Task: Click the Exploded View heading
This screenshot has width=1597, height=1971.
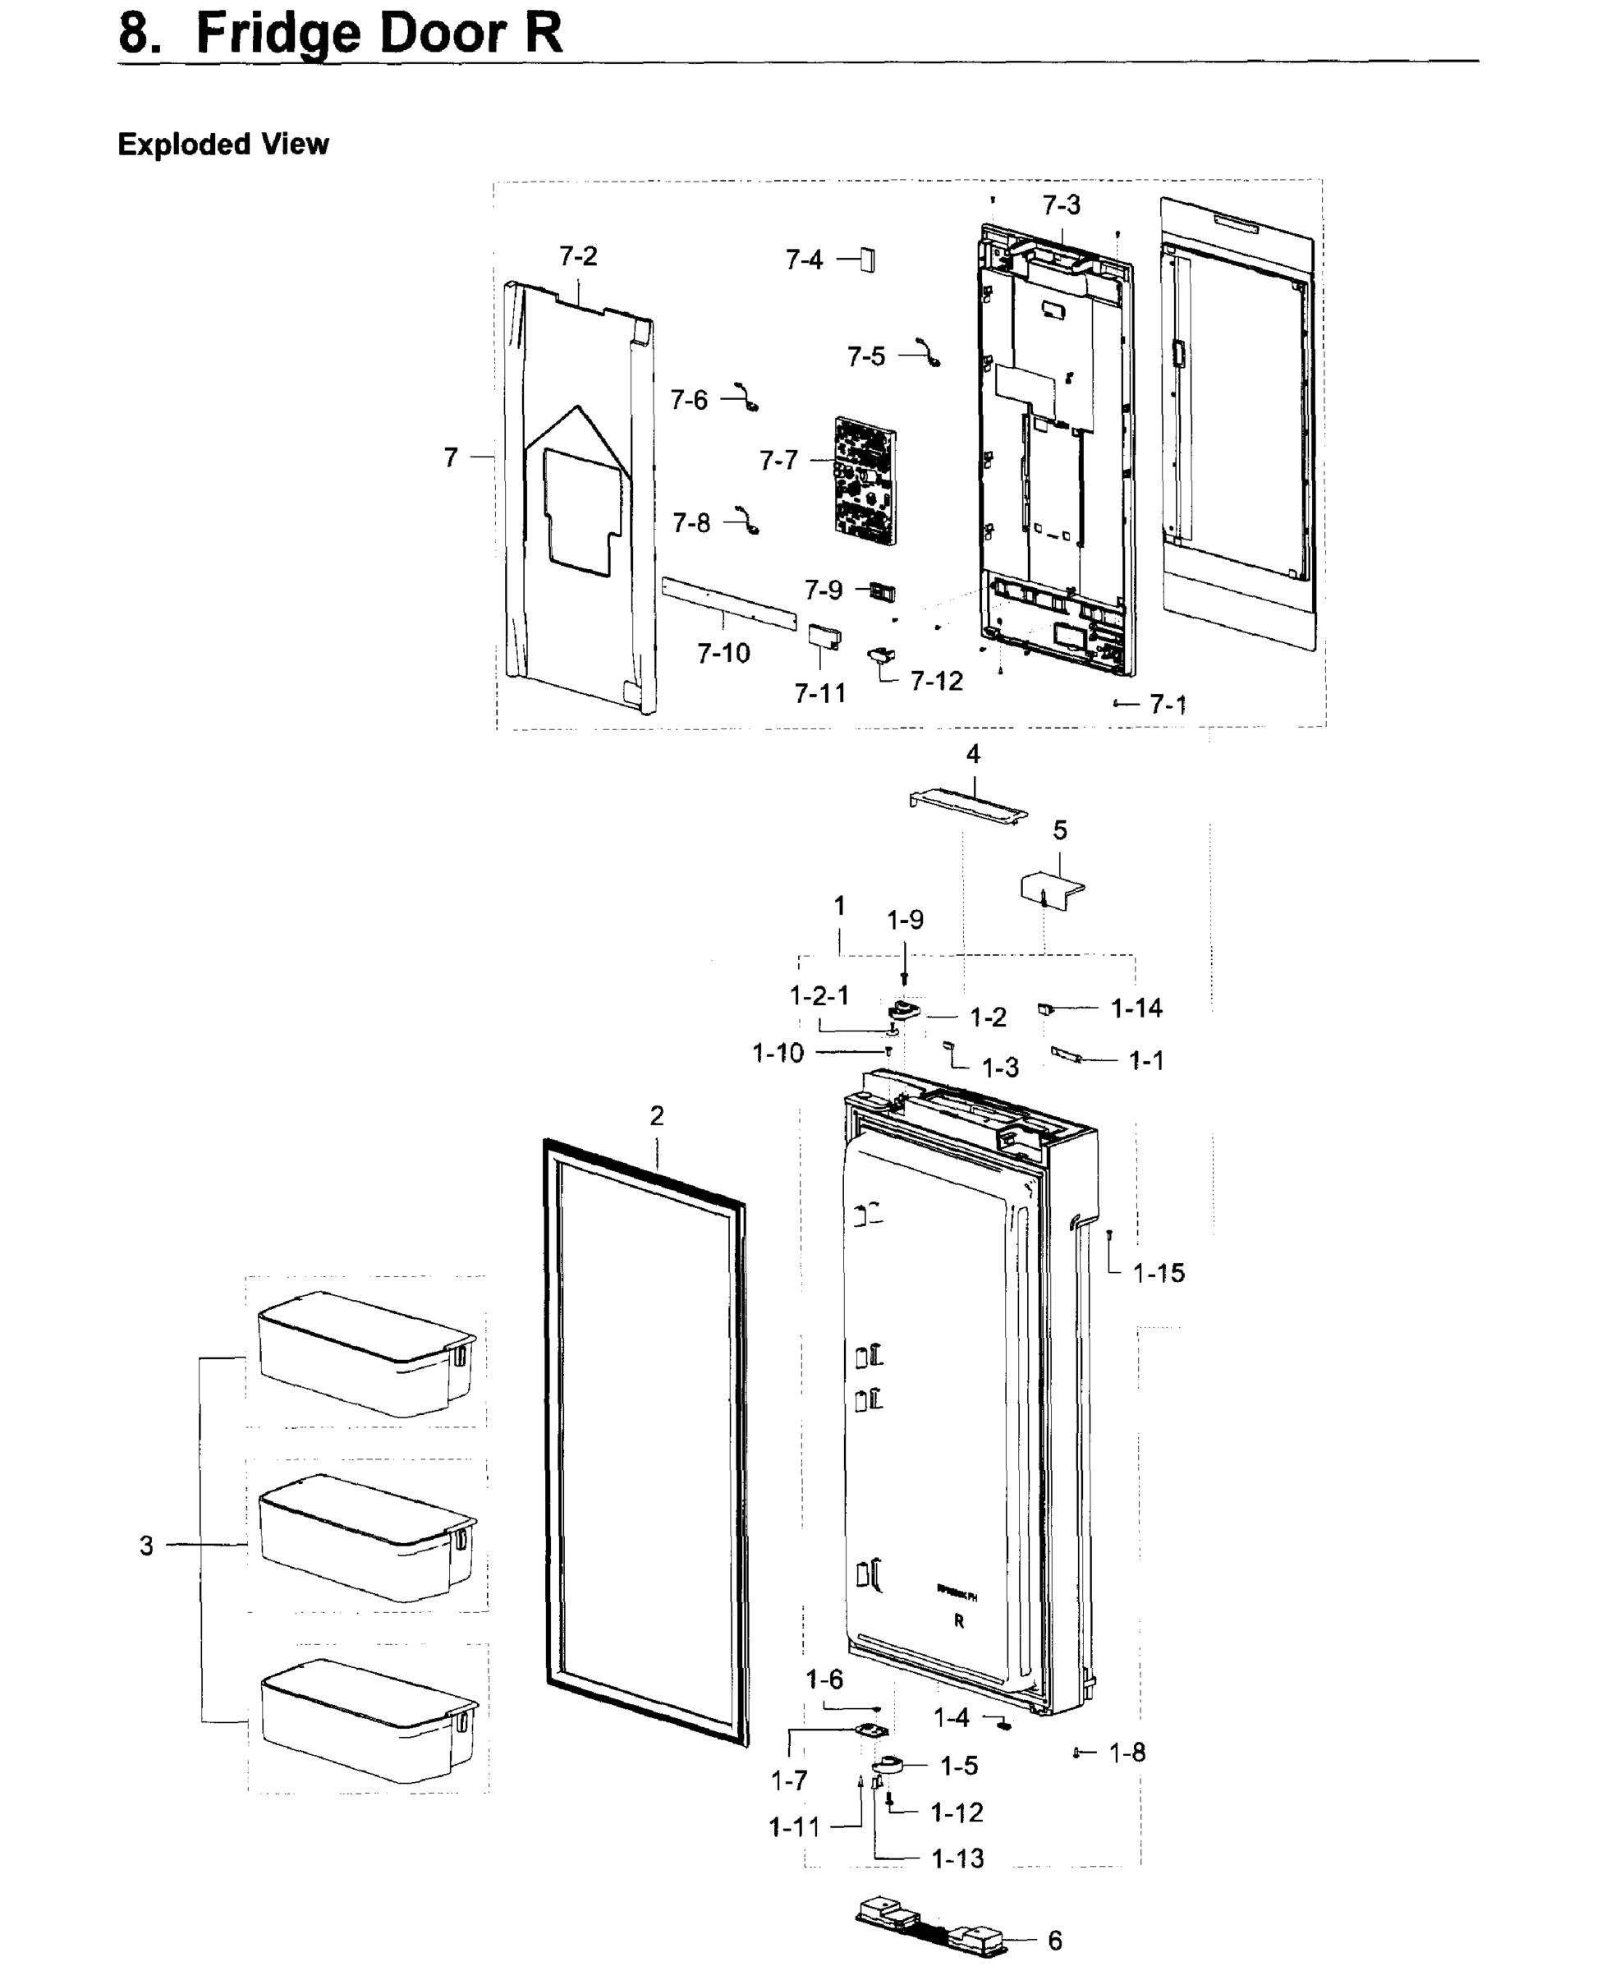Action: tap(223, 145)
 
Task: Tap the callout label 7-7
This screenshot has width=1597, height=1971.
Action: tap(778, 460)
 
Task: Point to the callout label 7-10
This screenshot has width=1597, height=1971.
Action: tap(723, 654)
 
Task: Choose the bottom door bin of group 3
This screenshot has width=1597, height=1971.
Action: tap(369, 1720)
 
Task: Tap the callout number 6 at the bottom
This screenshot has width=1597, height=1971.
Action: tap(1055, 1941)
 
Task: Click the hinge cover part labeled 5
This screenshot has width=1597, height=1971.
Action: tap(1052, 889)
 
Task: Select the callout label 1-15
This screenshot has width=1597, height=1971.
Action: tap(1159, 1274)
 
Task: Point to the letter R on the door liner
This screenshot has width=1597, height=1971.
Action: tap(958, 1621)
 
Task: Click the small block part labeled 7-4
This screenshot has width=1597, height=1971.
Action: tap(868, 260)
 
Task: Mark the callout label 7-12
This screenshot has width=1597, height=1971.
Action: tap(937, 681)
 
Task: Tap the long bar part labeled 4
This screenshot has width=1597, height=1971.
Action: tap(969, 803)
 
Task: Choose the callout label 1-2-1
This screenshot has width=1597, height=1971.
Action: tap(819, 995)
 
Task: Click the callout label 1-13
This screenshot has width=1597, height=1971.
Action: tap(957, 1858)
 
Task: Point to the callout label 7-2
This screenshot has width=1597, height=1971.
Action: tap(579, 255)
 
